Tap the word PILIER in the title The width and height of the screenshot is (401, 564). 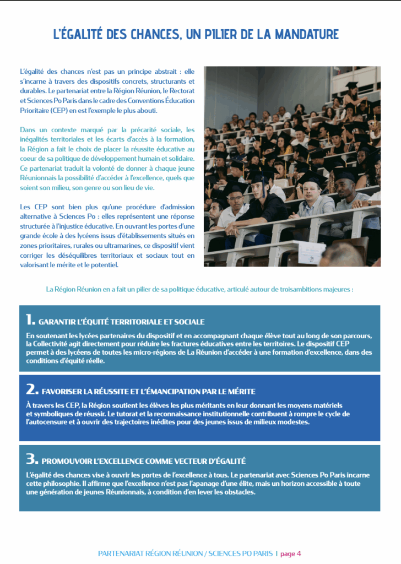pyautogui.click(x=220, y=34)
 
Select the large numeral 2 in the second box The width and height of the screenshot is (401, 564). pyautogui.click(x=31, y=389)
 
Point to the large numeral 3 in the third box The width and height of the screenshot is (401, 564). pyautogui.click(x=31, y=459)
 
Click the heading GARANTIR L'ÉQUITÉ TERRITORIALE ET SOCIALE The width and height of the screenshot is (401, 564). pyautogui.click(x=122, y=322)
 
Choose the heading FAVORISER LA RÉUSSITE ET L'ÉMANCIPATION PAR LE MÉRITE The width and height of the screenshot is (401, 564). pyautogui.click(x=149, y=392)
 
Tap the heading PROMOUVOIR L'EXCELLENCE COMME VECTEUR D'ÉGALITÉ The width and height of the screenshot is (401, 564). pyautogui.click(x=144, y=461)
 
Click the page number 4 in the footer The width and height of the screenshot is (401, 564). pyautogui.click(x=299, y=554)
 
